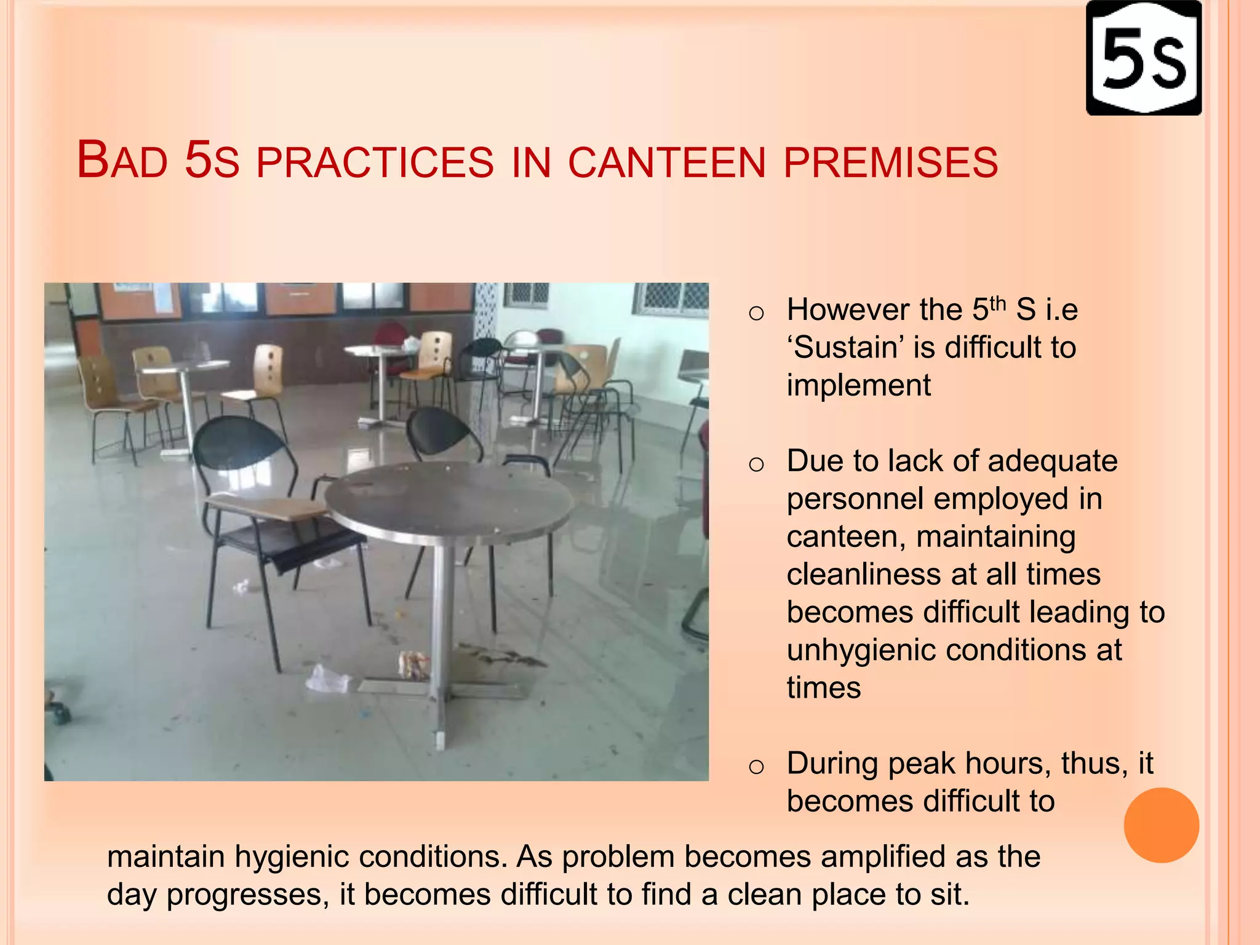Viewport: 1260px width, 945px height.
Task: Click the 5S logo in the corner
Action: coord(1144,58)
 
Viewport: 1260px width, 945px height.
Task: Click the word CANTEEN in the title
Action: coord(667,163)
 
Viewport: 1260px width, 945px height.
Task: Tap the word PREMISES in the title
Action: coord(891,163)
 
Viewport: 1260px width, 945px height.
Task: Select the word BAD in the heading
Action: coord(122,161)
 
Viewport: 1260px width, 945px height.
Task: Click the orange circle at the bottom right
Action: coord(1161,825)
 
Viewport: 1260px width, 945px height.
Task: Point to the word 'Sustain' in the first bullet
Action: coord(845,348)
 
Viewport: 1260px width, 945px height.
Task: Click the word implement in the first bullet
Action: coord(858,386)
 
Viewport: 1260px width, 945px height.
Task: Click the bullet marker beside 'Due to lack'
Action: coord(756,465)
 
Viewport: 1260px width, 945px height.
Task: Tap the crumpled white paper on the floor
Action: coord(326,679)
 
